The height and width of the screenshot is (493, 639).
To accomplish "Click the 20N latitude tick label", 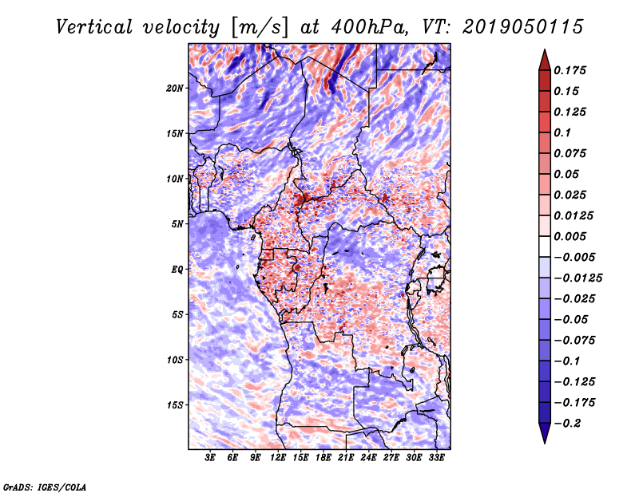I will pos(175,88).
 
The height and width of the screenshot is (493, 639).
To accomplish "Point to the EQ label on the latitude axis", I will pos(178,270).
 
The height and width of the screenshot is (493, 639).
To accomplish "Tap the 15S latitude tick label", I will pos(175,405).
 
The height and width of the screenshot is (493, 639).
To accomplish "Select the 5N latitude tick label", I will pos(177,224).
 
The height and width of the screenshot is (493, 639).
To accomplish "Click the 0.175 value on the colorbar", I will pos(572,70).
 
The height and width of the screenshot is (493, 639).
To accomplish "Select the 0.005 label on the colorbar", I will pos(572,236).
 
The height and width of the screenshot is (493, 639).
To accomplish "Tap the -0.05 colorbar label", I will pos(574,319).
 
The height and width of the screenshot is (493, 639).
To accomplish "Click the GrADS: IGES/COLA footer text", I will pos(44,486).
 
